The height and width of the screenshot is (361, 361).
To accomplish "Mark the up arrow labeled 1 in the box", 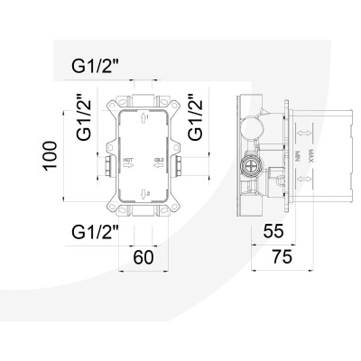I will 143,116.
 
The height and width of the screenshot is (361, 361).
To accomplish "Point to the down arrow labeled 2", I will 143,191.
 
